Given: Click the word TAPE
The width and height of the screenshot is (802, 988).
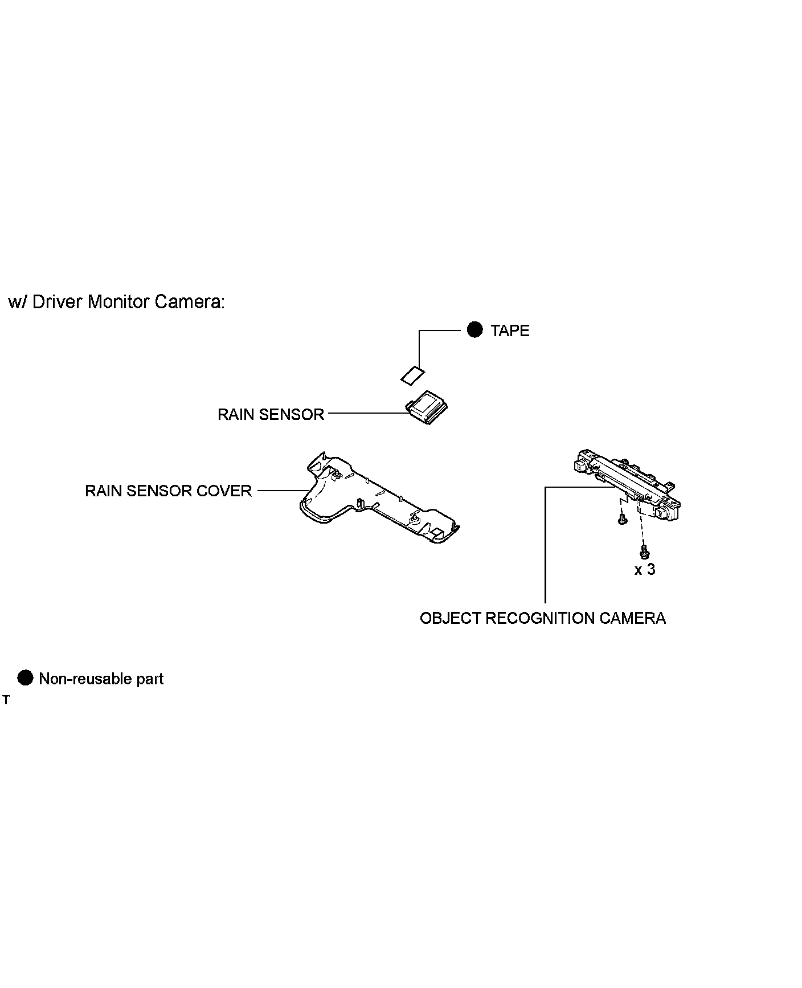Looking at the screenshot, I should pos(510,331).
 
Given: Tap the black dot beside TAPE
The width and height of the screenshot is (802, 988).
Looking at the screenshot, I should pos(474,330).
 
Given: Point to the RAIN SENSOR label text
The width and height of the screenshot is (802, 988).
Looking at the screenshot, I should pos(271,414).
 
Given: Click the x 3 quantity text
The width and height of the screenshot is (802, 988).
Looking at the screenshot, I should pos(645,569).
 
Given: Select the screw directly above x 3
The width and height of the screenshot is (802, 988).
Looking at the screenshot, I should pos(644,552).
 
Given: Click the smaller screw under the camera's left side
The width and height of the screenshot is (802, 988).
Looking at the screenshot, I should pos(621,519).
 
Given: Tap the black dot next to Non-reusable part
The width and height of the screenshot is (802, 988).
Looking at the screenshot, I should pos(26,678).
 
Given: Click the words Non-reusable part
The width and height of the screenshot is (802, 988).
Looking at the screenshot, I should pos(101,679).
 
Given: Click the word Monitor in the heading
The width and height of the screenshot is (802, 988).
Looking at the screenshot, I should pos(119,302).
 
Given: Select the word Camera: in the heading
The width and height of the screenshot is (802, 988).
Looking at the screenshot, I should pos(190,302).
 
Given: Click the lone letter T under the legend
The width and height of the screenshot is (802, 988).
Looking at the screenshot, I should pos(6,700).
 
